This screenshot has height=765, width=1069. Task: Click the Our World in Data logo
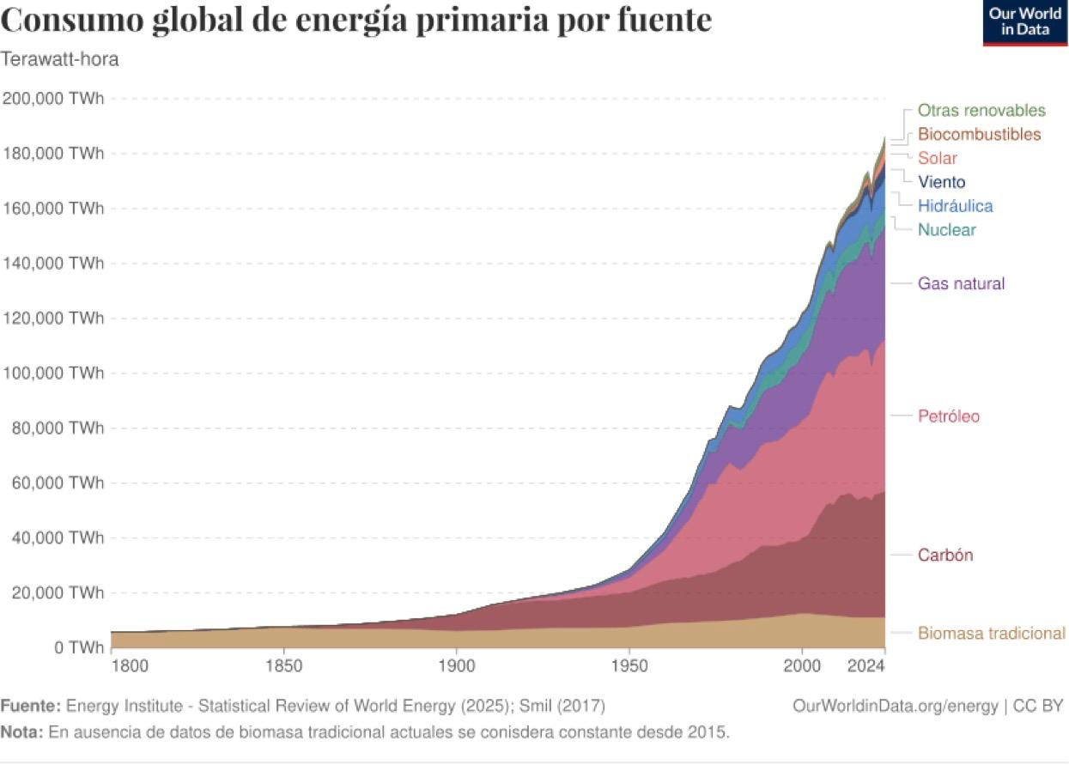(x=1025, y=22)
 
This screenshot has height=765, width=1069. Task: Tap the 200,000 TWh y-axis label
(x=53, y=99)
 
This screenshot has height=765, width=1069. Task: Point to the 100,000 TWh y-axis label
(x=53, y=373)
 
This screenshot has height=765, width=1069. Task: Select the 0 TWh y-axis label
(x=75, y=647)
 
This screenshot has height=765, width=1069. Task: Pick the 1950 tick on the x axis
(x=629, y=666)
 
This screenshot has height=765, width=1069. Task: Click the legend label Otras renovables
(x=981, y=111)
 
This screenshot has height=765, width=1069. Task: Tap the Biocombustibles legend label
(x=979, y=135)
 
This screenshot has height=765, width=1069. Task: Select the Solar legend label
(x=937, y=159)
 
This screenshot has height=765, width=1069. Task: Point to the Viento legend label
(x=941, y=182)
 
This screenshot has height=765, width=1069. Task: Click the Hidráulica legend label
(x=955, y=206)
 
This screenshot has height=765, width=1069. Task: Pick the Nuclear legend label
(x=946, y=230)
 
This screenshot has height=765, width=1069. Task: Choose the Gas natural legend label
(x=961, y=284)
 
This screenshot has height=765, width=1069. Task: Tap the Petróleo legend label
(x=949, y=416)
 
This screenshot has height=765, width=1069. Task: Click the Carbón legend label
(x=945, y=556)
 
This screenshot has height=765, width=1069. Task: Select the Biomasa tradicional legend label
(x=991, y=634)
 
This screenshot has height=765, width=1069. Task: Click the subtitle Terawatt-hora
(x=59, y=60)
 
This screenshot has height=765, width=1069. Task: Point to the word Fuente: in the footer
(x=31, y=707)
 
